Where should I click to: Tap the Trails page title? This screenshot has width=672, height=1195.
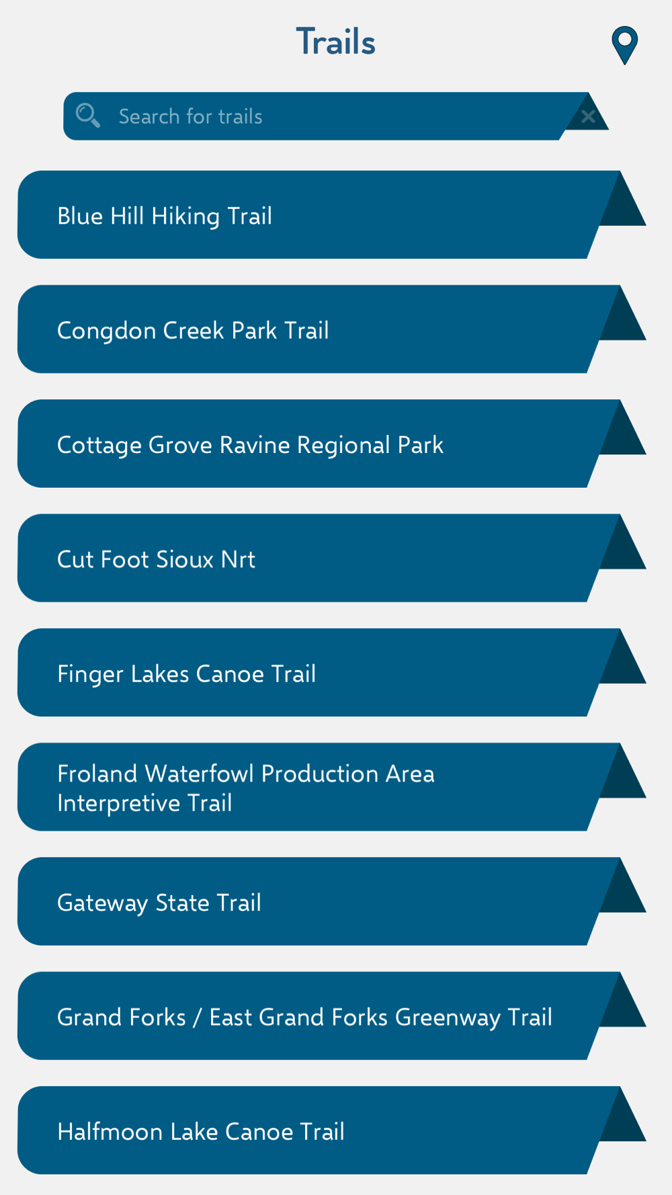point(335,42)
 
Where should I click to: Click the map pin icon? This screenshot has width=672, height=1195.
point(624,44)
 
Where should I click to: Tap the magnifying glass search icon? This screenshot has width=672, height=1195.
point(88,116)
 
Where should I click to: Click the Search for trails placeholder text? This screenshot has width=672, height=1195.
point(190,116)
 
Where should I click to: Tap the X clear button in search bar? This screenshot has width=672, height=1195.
point(588,117)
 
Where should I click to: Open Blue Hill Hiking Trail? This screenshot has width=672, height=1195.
point(165,216)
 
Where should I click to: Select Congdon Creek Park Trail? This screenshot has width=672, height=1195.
point(193,330)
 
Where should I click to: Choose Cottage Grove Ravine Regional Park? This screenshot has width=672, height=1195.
point(250,445)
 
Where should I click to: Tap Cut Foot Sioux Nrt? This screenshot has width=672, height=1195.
point(156,559)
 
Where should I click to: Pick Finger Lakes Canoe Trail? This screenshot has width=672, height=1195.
point(186,673)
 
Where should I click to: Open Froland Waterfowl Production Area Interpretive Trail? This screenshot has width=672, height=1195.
point(245,788)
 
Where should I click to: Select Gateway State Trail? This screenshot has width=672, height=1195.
point(159,903)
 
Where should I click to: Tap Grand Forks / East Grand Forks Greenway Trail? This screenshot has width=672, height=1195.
point(304,1017)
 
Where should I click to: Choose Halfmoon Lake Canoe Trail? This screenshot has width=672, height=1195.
point(200,1131)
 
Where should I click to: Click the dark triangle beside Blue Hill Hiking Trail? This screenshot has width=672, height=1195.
point(622,204)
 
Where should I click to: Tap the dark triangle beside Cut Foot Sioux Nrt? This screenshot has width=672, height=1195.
point(622,548)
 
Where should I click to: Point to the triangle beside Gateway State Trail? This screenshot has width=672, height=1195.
point(622,891)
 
